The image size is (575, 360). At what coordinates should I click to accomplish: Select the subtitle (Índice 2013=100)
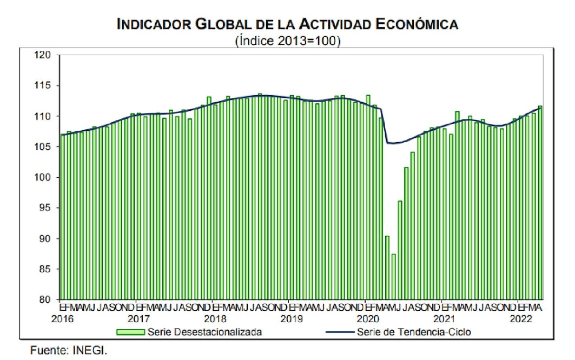(288, 41)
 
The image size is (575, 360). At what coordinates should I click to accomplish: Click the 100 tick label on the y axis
(43, 177)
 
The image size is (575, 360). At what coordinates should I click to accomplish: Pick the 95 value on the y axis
(45, 208)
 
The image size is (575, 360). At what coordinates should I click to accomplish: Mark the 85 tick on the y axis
(45, 269)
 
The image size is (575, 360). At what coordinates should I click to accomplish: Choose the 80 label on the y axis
(45, 299)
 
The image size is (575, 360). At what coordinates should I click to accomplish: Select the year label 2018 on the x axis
(215, 319)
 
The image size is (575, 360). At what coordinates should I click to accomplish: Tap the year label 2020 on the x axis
(368, 319)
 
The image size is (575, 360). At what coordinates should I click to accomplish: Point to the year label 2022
(521, 319)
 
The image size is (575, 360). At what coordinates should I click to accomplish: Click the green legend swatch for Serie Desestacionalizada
(130, 332)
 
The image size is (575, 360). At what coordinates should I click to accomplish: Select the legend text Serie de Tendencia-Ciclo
(414, 332)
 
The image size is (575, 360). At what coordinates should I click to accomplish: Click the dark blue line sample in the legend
(335, 332)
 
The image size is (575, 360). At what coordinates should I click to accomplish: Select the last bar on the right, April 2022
(540, 203)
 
